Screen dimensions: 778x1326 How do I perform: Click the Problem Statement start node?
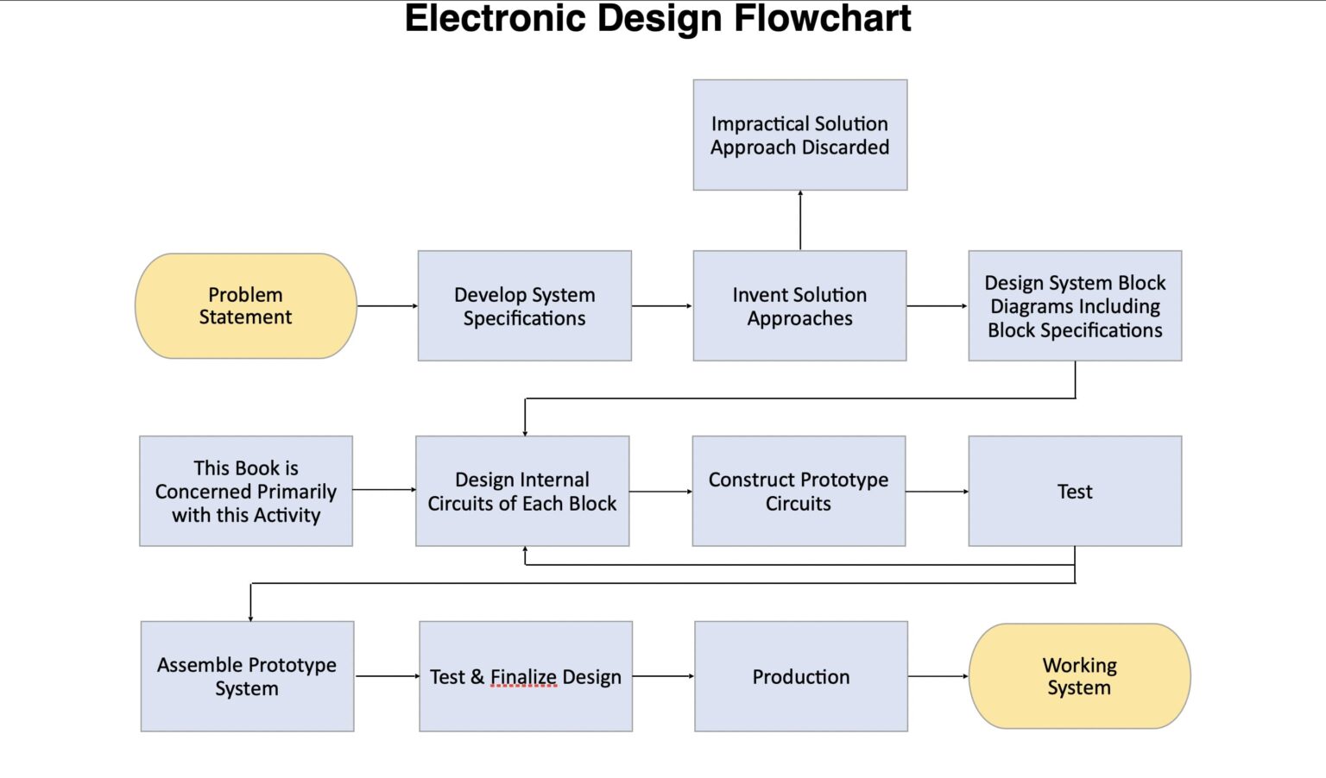coord(246,306)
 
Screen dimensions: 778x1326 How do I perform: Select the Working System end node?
coord(1079,676)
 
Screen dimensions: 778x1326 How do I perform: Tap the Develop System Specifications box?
coord(524,306)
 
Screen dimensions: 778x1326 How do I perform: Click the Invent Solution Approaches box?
coord(799,306)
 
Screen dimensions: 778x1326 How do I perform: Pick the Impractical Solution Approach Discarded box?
coord(799,135)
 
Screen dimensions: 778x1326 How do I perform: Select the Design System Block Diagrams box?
coord(1075,306)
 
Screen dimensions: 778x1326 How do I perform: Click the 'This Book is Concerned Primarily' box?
coord(246,491)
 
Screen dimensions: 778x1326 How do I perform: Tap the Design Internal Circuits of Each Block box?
coord(522,491)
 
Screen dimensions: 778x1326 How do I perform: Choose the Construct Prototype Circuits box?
coord(799,491)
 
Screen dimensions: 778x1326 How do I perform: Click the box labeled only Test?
coord(1075,491)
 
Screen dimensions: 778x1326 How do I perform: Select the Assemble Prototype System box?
coord(247,676)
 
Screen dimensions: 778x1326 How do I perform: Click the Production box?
coord(801,676)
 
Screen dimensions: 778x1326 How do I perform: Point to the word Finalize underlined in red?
coord(524,677)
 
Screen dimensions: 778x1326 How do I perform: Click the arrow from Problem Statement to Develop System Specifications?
coord(387,306)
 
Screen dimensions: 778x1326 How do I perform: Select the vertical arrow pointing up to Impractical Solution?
coord(800,221)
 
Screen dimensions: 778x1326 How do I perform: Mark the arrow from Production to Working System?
coord(938,676)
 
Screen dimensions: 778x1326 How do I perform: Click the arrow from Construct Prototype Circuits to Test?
coord(937,492)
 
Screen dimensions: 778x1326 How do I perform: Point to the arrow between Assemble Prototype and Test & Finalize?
coord(387,676)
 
